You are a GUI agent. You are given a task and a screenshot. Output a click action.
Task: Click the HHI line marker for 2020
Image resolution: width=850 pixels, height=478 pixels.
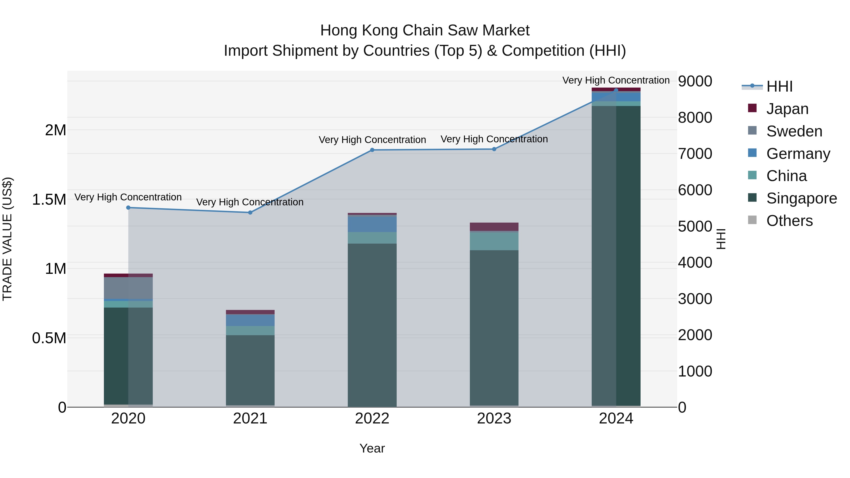click(128, 207)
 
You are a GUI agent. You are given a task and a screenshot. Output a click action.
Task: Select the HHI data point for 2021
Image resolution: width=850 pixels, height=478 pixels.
click(250, 212)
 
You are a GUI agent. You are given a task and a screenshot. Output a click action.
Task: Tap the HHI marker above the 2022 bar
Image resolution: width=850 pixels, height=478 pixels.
click(372, 150)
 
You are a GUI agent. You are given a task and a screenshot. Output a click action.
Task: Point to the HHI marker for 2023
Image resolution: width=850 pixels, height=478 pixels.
click(494, 149)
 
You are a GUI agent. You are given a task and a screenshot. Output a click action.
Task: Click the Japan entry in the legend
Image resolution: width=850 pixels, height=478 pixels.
click(787, 109)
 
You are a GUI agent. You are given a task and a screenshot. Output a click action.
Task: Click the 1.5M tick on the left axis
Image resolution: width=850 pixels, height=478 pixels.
click(49, 199)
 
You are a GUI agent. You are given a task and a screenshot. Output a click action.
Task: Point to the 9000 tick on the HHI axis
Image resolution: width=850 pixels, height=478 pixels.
click(695, 81)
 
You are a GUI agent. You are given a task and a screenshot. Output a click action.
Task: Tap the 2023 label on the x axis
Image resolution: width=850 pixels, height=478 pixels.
click(494, 419)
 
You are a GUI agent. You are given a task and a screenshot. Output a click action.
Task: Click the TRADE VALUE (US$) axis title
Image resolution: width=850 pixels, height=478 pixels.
click(8, 239)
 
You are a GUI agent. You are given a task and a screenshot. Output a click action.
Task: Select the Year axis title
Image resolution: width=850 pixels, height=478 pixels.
click(372, 448)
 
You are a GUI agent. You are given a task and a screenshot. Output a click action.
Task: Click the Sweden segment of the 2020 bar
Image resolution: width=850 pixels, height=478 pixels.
click(128, 288)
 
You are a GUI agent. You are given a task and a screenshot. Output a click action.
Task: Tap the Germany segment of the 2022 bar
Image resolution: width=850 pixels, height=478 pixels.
click(372, 224)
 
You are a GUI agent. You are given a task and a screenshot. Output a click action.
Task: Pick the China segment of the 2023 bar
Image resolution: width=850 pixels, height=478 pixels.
click(494, 241)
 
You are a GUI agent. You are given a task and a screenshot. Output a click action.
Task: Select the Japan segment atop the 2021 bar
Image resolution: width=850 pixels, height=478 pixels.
click(250, 312)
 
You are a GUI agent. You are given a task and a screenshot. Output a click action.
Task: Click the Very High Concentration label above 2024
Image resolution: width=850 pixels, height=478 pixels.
click(616, 80)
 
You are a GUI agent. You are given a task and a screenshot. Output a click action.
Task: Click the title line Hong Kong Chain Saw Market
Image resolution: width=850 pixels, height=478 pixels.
click(425, 30)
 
